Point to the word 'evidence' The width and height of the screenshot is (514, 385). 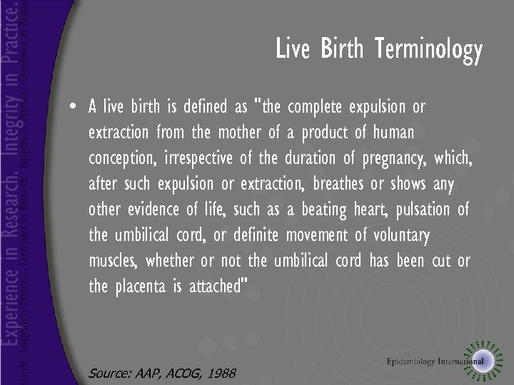pos(156,210)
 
